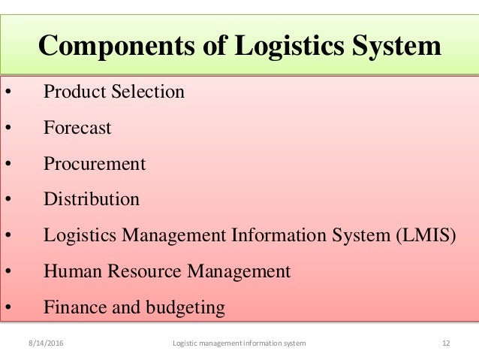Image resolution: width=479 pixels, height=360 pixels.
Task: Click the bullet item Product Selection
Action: (113, 92)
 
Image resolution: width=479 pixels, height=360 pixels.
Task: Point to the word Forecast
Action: (77, 128)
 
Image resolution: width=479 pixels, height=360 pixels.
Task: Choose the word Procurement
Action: (95, 163)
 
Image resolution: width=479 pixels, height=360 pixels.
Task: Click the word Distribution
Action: (92, 199)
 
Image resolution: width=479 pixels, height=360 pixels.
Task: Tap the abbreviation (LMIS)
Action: (426, 235)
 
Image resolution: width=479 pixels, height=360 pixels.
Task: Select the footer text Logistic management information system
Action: (239, 343)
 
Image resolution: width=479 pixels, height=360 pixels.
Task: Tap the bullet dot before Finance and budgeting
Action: (8, 308)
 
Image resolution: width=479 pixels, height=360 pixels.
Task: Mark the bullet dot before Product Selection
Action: (8, 93)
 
